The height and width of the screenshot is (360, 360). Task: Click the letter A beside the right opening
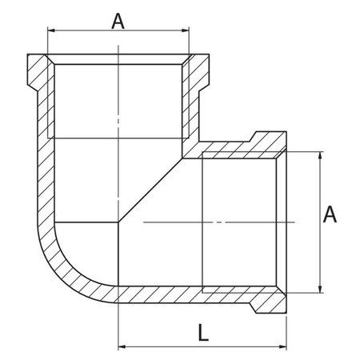tap(330, 214)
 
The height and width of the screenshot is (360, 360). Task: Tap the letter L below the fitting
tap(203, 334)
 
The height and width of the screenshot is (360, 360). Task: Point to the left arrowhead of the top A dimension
tap(52, 31)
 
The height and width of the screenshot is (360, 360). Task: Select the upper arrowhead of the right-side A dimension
tap(320, 153)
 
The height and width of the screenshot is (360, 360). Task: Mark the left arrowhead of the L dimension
tap(122, 347)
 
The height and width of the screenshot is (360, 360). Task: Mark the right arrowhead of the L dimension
tap(284, 347)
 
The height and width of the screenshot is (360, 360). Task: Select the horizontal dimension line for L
tap(203, 347)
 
